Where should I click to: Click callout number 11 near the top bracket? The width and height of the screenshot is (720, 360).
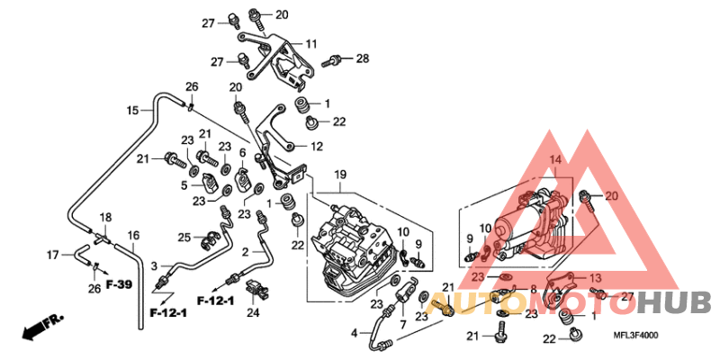pos(310,44)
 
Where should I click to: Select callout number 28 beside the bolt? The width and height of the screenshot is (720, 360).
pos(362,58)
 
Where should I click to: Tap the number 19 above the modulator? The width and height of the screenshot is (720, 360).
pos(341,173)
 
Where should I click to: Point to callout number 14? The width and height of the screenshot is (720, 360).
pos(555,159)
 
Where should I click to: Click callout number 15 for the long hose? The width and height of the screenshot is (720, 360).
pos(132,111)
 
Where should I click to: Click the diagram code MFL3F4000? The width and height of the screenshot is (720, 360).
pos(636,335)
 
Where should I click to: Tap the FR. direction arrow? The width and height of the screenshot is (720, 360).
pos(42,326)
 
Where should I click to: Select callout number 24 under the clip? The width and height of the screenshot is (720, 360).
pos(253,312)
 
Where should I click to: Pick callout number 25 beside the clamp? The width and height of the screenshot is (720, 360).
pos(184,237)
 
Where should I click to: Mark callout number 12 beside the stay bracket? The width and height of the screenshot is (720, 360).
pos(316,146)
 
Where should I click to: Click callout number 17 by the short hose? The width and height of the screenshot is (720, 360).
pos(52,254)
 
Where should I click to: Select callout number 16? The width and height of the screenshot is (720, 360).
pos(133,236)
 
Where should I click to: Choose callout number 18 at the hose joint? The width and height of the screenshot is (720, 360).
pos(105,219)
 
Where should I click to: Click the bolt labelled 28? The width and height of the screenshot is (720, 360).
pos(334,61)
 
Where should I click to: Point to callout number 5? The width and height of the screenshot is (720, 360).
pos(184,185)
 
